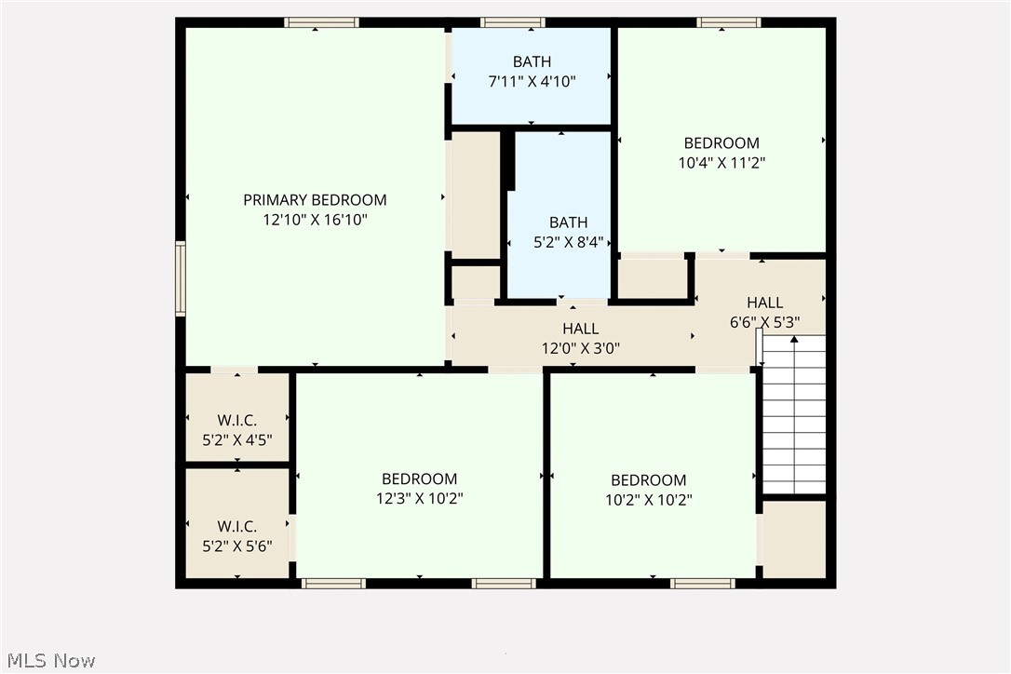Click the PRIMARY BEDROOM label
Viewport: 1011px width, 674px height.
click(x=315, y=200)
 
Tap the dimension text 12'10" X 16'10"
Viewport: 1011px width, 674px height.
click(x=315, y=221)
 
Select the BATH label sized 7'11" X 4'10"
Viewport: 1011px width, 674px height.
click(x=532, y=62)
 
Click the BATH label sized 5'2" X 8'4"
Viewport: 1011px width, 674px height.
click(x=568, y=222)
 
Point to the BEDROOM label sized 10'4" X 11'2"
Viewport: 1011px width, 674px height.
click(x=721, y=143)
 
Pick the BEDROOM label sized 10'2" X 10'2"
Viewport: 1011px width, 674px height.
click(x=649, y=480)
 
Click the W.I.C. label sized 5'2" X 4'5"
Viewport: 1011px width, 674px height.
click(x=237, y=420)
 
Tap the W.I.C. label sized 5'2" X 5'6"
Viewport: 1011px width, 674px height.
click(x=237, y=527)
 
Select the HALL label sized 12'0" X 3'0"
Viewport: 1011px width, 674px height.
click(x=580, y=329)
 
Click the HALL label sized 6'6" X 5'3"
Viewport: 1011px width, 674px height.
click(x=764, y=303)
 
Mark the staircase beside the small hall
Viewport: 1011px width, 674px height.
click(x=794, y=414)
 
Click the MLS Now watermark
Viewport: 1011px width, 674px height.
click(x=48, y=661)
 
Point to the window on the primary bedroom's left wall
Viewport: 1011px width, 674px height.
click(x=181, y=278)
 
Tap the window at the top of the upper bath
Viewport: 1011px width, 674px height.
click(x=513, y=22)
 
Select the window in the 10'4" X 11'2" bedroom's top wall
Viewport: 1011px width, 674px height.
click(x=729, y=22)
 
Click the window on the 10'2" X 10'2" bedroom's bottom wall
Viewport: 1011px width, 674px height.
click(x=703, y=584)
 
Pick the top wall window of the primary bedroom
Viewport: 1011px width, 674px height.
click(x=321, y=22)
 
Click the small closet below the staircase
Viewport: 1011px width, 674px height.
click(x=794, y=540)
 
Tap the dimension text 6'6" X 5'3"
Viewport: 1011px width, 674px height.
click(x=764, y=323)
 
